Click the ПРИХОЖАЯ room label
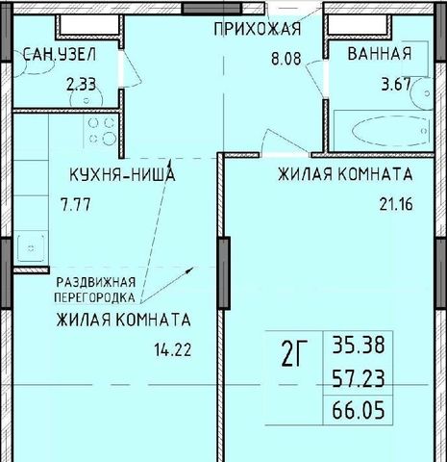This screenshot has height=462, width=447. (258, 29)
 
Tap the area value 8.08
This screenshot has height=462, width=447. (286, 60)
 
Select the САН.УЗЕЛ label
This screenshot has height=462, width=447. (60, 55)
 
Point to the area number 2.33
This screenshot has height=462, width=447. (81, 85)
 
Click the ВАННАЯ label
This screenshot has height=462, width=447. (380, 53)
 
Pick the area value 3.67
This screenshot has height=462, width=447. (396, 85)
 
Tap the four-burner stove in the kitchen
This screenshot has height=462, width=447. (102, 131)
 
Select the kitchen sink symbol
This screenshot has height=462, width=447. (31, 248)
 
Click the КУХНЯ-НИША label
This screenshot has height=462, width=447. (122, 175)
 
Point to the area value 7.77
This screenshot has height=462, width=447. (76, 205)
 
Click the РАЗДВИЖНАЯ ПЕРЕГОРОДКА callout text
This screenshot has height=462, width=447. (95, 290)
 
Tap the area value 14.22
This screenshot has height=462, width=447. (173, 349)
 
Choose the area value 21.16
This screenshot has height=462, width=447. (396, 204)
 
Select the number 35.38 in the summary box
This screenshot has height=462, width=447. (359, 346)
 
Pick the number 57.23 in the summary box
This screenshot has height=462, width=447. (359, 378)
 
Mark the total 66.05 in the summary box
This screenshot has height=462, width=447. (359, 411)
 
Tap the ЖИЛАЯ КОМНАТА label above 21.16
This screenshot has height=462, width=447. (345, 174)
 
